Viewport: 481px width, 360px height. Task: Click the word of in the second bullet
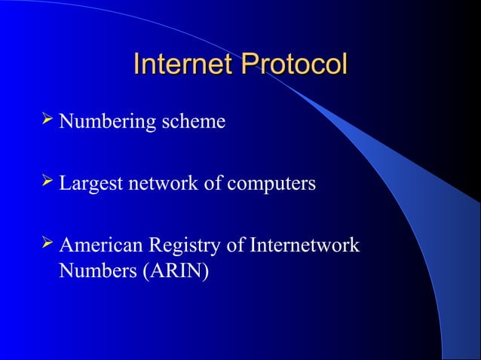click(213, 184)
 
